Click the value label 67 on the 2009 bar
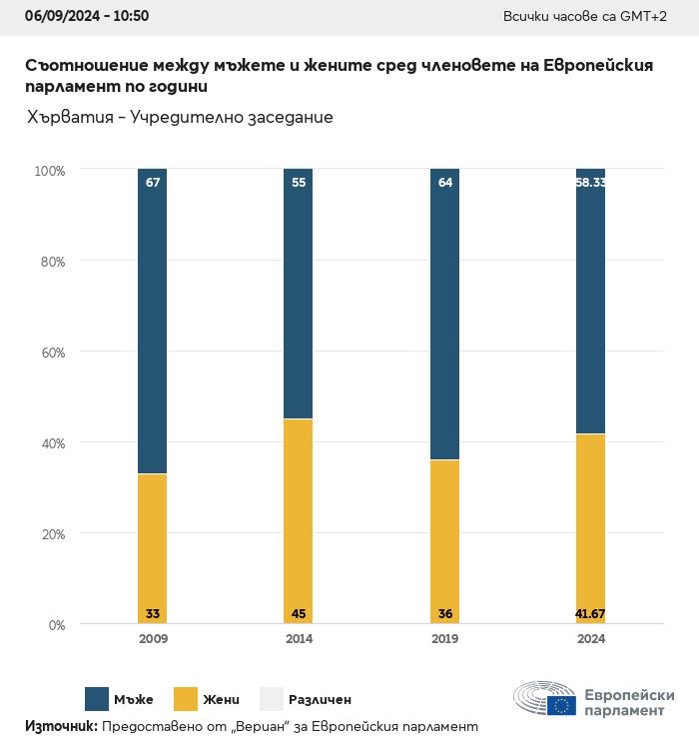click(x=153, y=183)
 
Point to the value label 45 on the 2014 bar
click(x=298, y=613)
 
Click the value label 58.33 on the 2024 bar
click(x=590, y=183)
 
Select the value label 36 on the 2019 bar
click(x=444, y=613)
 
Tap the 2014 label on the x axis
click(x=299, y=639)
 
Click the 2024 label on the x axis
click(x=590, y=639)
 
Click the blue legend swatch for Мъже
click(x=97, y=699)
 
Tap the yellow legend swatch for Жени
click(x=186, y=699)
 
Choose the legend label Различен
click(x=320, y=700)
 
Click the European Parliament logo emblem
click(x=545, y=699)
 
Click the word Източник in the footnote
click(x=61, y=726)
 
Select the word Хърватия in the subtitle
click(x=69, y=118)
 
